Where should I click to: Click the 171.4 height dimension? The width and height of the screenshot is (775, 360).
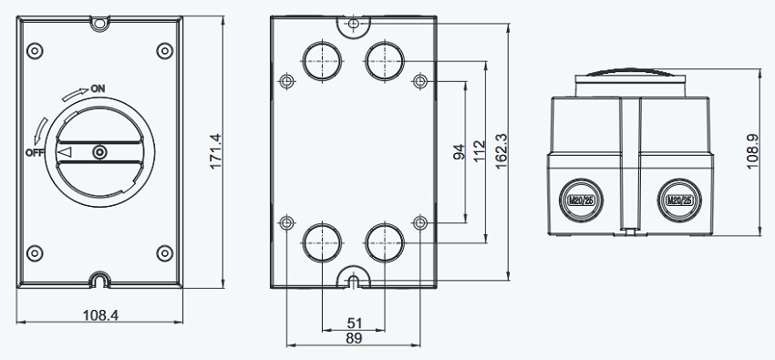pos(216,151)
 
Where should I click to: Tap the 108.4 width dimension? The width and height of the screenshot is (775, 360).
pos(100,315)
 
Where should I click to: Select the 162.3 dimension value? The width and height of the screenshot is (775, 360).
pos(501,151)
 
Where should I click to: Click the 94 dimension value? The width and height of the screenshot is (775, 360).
pos(460,152)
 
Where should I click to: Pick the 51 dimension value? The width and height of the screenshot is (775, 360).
pos(354,324)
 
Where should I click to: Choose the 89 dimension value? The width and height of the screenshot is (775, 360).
pos(354,338)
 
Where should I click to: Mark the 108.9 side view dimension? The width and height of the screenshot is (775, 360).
pos(752,151)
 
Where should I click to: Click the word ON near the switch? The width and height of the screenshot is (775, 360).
pos(98,89)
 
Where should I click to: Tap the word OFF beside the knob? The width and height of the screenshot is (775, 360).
pos(35,152)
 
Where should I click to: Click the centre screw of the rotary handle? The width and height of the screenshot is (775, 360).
pos(100,152)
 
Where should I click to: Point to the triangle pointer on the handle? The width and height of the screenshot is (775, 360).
pos(65,152)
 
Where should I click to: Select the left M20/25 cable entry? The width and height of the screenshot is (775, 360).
pos(581,200)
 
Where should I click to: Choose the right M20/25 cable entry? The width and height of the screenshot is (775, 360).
pos(679,200)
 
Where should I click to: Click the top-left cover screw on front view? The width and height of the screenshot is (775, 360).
pos(35,51)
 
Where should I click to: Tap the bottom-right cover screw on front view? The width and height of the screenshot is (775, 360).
pos(165,253)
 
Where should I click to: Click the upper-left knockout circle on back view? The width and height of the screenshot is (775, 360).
pos(322,61)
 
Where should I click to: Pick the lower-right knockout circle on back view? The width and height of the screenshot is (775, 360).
pos(385,242)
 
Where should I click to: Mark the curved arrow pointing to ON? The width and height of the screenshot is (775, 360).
pos(75,94)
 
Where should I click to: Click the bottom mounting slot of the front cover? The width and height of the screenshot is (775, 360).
pos(100,281)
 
